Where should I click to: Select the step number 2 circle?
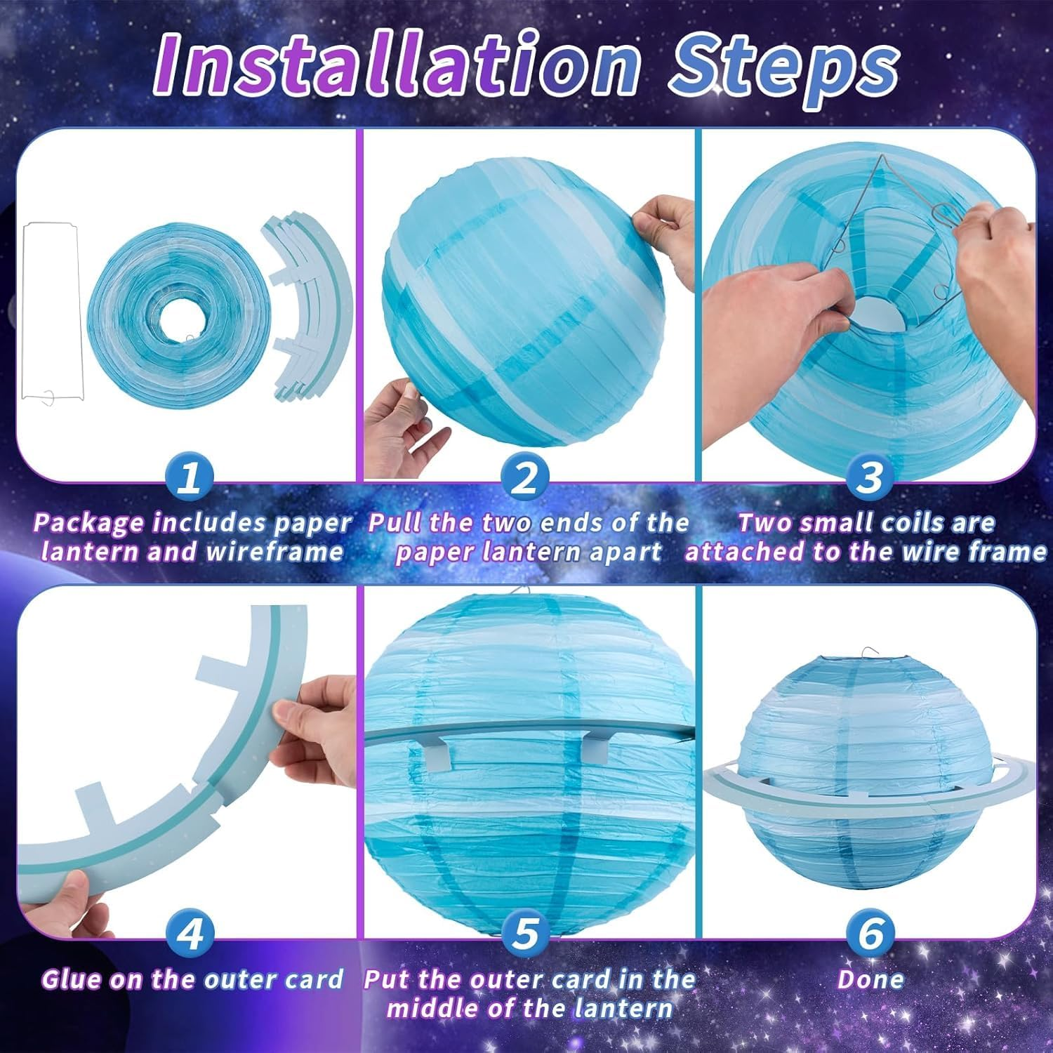(x=524, y=479)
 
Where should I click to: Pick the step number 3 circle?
(x=869, y=479)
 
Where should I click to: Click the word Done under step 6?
(x=870, y=979)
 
